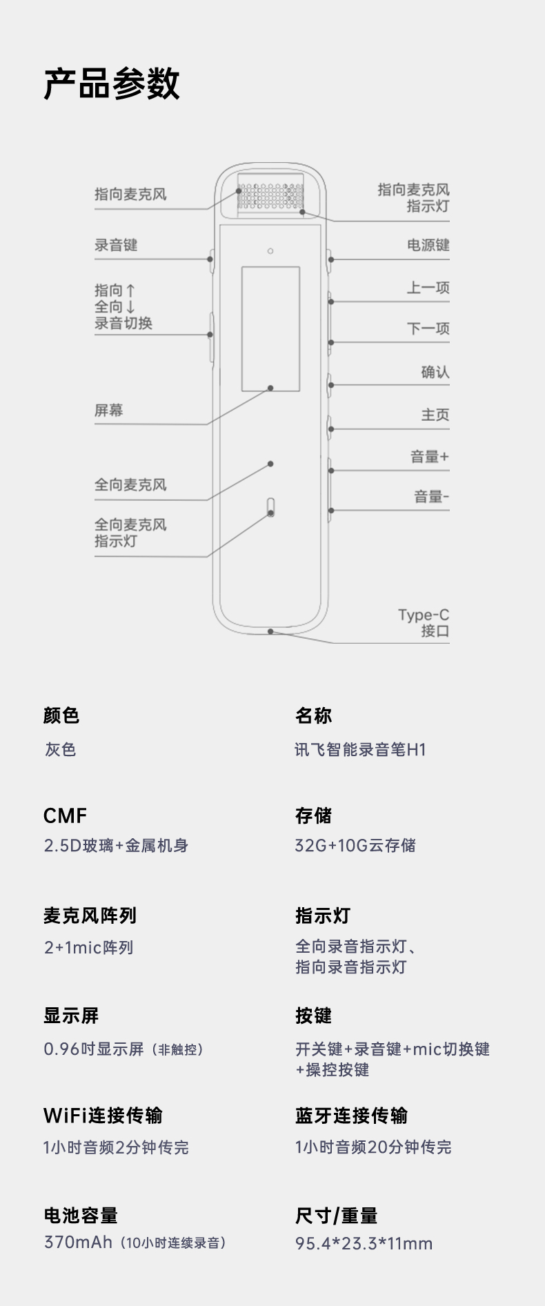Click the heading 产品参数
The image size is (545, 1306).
point(111,84)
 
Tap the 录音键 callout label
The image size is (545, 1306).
point(116,245)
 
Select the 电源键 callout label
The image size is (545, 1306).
point(428,245)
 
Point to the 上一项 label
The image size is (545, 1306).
point(428,288)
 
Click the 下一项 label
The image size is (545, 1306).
point(428,328)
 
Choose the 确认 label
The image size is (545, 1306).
point(435,373)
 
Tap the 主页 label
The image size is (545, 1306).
point(435,415)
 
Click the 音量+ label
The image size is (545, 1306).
point(429,457)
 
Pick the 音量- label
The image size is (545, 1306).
point(431,497)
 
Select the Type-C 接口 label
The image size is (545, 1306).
point(424,622)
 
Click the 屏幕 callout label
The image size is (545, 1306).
point(109,410)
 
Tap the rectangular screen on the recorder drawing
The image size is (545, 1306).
point(270,329)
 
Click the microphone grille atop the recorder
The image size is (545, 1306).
point(270,195)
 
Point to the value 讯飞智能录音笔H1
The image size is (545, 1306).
point(360,750)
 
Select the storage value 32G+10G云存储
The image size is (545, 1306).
point(355,846)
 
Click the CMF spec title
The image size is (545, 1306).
point(65,815)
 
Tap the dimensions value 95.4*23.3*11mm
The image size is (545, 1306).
point(364,1244)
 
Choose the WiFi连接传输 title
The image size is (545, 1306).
point(103,1116)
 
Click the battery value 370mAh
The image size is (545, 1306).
point(78,1243)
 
